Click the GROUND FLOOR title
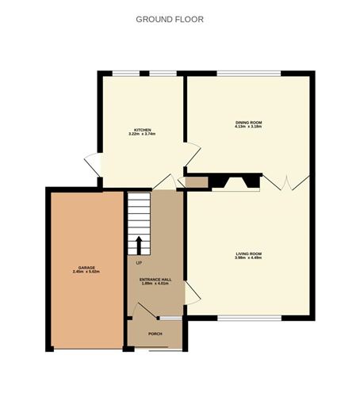tap(170, 19)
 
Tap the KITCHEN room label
tap(142, 129)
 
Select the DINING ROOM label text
tap(248, 122)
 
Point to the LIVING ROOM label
tap(248, 254)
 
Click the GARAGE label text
tap(86, 268)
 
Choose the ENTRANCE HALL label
tap(156, 279)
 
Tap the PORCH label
tap(155, 334)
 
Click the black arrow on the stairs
tap(139, 244)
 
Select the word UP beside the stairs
tap(139, 262)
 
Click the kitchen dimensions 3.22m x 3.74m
tap(142, 134)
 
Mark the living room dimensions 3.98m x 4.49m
tap(248, 258)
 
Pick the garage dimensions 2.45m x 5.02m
tap(86, 273)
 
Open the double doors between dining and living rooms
tap(285, 181)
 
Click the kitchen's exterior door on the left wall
tap(91, 164)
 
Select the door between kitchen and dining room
tap(193, 154)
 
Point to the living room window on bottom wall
tap(247, 319)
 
